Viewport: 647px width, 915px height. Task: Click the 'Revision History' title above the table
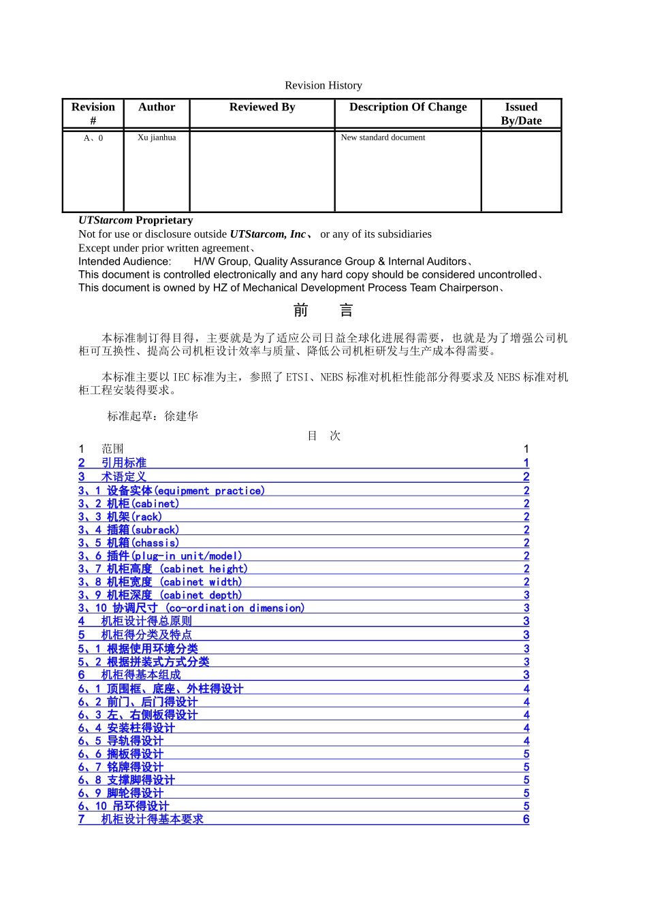click(323, 85)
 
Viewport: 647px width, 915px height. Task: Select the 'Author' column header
click(157, 107)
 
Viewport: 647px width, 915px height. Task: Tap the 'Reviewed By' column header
click(262, 107)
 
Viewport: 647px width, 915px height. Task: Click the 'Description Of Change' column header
click(408, 107)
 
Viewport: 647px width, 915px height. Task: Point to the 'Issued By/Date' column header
click(521, 114)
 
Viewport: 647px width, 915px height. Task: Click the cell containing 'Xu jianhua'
click(157, 138)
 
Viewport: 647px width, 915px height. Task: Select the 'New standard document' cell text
click(383, 138)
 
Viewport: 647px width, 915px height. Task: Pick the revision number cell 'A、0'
click(93, 138)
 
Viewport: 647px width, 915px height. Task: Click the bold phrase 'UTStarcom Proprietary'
click(136, 220)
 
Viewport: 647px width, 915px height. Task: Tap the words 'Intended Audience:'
click(125, 261)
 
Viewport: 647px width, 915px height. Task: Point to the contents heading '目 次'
click(323, 436)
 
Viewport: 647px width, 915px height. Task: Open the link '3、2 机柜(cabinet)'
click(129, 504)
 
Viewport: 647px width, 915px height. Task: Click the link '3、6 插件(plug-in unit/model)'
click(160, 556)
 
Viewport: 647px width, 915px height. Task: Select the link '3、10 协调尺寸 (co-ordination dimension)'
click(191, 608)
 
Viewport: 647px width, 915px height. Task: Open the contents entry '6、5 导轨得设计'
click(121, 741)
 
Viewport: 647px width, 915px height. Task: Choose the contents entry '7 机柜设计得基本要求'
click(141, 819)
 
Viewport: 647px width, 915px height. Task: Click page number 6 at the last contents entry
click(526, 819)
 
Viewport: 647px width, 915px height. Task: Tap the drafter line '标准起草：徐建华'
click(153, 416)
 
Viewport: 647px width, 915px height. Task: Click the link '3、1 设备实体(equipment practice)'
click(172, 491)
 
